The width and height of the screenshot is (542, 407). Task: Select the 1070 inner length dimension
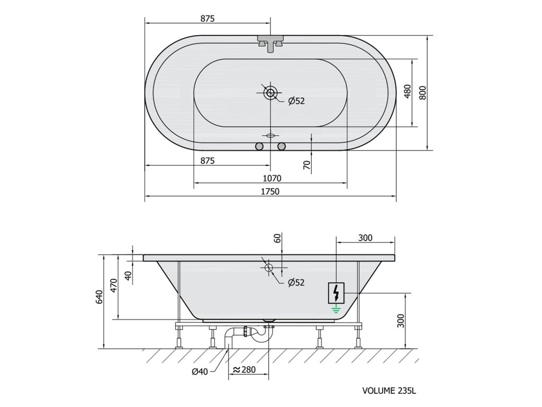[x=272, y=178]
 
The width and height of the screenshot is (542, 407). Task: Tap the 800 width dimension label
[x=423, y=93]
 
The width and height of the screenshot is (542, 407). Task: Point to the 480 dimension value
[x=408, y=92]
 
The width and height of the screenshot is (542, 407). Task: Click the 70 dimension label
[x=306, y=165]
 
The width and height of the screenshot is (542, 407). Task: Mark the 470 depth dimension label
[x=114, y=286]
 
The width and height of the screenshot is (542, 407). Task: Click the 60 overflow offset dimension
[x=277, y=238]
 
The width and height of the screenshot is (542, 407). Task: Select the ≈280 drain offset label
[x=244, y=369]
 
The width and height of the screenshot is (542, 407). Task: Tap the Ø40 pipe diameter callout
[x=200, y=371]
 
